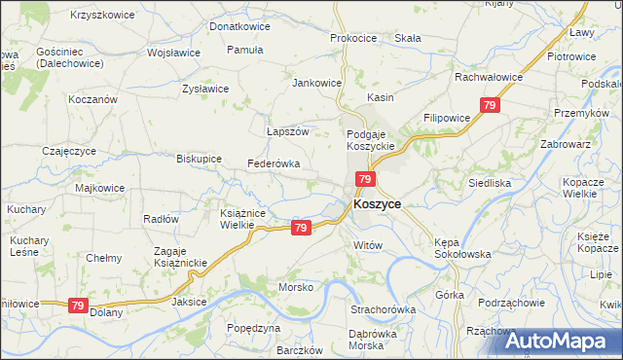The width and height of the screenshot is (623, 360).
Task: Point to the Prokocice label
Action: [x=353, y=38]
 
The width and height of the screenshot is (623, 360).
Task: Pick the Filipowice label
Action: [x=447, y=117]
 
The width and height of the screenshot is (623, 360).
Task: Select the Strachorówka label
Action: [x=384, y=309]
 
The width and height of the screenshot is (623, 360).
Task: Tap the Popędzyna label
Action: [x=252, y=329]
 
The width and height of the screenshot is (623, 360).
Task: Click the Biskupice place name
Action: [x=199, y=158]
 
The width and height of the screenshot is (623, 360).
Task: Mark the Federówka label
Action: [x=274, y=163]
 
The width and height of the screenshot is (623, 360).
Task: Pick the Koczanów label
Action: [x=92, y=99]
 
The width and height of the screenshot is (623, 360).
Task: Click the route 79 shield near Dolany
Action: [x=78, y=306]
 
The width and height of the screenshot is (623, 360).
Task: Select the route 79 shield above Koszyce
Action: [x=365, y=179]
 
